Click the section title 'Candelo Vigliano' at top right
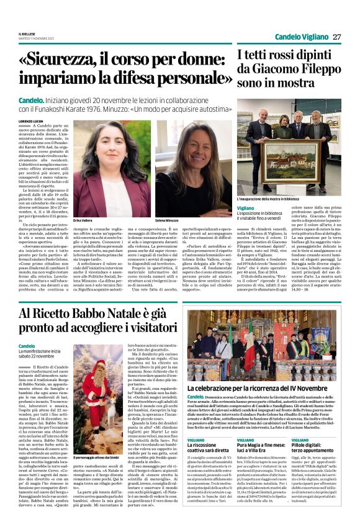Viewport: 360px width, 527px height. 300,37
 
